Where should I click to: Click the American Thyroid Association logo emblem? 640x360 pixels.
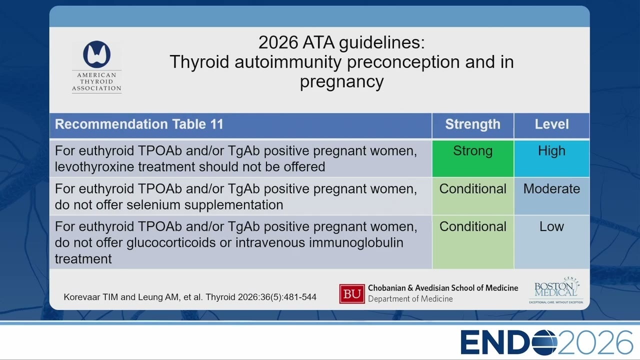coord(97,54)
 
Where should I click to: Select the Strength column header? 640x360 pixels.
coord(473,124)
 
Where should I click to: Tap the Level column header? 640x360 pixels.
coord(551,124)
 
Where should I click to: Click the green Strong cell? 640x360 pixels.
coord(473,158)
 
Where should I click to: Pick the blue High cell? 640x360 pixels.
coord(551,158)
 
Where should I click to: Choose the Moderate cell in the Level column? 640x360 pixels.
coord(551,196)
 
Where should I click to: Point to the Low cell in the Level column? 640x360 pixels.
coord(551,242)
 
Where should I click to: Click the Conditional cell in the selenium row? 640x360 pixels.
coord(473,196)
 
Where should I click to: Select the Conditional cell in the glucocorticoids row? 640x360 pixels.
coord(473,242)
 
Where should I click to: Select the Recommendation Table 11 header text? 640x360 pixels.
coord(139,124)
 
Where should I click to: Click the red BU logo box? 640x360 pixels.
coord(352,293)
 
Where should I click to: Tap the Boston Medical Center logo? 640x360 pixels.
coord(556,290)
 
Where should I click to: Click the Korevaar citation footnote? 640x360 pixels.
coord(190,297)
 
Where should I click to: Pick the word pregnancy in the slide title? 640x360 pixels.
coord(341,81)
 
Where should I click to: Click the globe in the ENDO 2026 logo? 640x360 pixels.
coord(543,342)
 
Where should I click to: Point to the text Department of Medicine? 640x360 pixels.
coord(410,299)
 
